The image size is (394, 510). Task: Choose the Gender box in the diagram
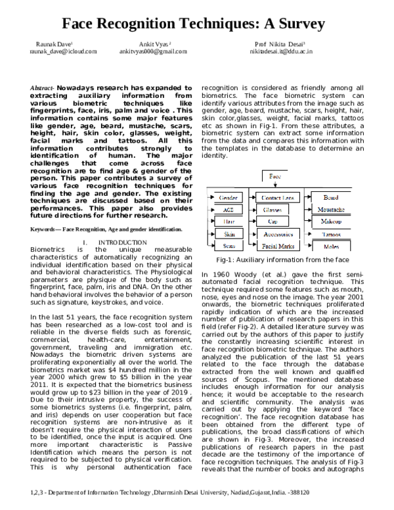tap(228, 197)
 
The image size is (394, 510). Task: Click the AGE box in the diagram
tap(228, 210)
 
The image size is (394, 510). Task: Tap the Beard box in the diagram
tap(332, 197)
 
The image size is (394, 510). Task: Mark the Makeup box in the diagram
tap(332, 222)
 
